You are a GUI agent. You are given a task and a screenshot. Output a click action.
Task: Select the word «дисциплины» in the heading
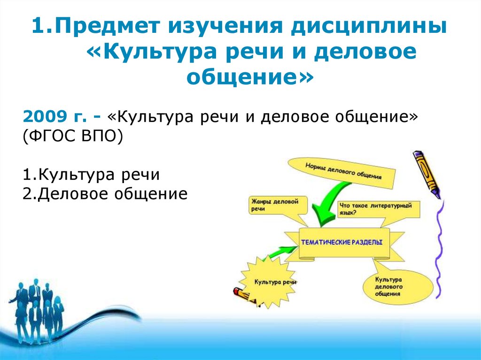click(x=369, y=27)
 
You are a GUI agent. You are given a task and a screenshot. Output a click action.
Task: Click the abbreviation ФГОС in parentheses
click(x=49, y=136)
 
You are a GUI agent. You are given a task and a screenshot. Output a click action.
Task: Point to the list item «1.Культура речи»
click(x=91, y=175)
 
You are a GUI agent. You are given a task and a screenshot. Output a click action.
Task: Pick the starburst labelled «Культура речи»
click(x=267, y=282)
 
